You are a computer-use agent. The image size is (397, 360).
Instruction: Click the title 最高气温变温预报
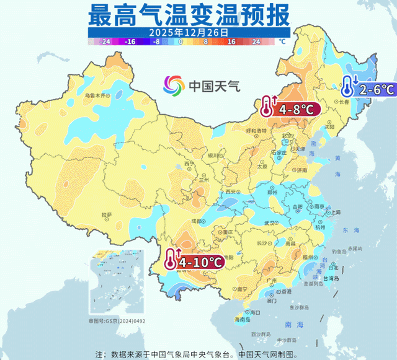[189, 14]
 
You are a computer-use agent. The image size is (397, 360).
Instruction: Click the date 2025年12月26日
[189, 31]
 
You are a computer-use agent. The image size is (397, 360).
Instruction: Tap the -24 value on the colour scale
[105, 42]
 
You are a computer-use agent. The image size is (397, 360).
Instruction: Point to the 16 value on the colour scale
[231, 42]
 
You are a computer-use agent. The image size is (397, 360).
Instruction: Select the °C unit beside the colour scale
[282, 42]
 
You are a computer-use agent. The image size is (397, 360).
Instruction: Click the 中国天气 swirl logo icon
[174, 85]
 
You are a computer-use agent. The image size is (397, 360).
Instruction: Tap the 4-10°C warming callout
[194, 263]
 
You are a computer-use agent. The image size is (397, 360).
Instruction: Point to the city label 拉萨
[107, 215]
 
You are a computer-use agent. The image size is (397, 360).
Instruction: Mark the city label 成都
[197, 221]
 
